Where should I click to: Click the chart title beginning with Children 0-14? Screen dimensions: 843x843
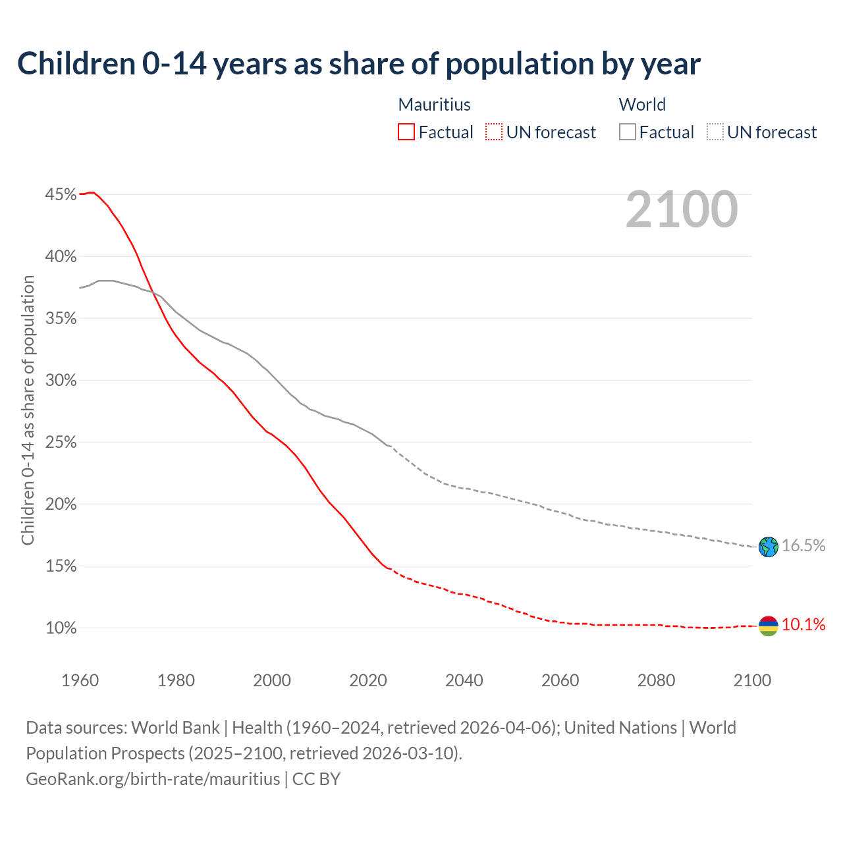tap(359, 64)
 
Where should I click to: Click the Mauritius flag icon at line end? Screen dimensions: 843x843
tap(769, 626)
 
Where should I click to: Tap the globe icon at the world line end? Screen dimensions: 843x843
tap(769, 547)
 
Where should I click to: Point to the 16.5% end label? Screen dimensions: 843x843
tap(803, 545)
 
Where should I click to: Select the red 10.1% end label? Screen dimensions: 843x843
tap(803, 624)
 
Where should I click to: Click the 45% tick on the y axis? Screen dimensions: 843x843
tap(61, 194)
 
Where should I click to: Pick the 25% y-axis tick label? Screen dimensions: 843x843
tap(61, 442)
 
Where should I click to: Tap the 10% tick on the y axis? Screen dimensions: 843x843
tap(61, 628)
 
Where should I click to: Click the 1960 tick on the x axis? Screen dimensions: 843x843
tap(80, 680)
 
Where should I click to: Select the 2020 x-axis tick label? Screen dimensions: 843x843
tap(368, 680)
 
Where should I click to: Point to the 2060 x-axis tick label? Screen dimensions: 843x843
tap(560, 680)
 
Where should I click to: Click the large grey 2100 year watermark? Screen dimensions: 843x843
tap(682, 209)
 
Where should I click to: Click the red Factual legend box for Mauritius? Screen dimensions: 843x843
tap(406, 132)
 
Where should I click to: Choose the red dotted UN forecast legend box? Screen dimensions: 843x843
tap(494, 132)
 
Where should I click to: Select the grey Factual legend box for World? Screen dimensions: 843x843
tap(628, 132)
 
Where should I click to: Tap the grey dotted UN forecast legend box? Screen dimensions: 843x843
tap(715, 132)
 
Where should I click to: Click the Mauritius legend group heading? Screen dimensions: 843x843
tap(435, 105)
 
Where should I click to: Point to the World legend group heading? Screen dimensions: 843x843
tap(642, 105)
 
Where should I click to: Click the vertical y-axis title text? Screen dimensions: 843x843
tap(28, 410)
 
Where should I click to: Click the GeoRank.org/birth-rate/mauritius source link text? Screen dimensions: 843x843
tap(153, 779)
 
